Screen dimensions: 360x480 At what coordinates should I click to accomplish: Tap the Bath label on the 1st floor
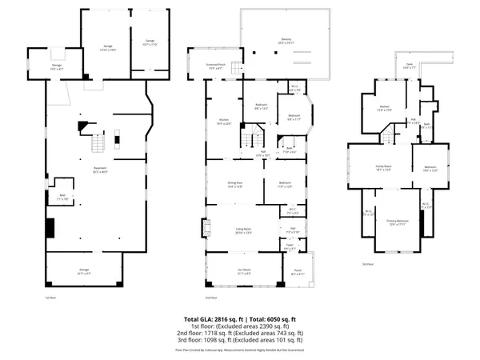pyautogui.click(x=62, y=197)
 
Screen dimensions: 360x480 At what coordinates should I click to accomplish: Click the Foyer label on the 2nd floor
pyautogui.click(x=290, y=246)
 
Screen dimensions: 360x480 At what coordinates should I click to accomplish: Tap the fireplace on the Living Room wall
pyautogui.click(x=206, y=230)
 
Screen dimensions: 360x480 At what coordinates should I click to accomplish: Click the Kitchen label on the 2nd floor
pyautogui.click(x=224, y=122)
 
